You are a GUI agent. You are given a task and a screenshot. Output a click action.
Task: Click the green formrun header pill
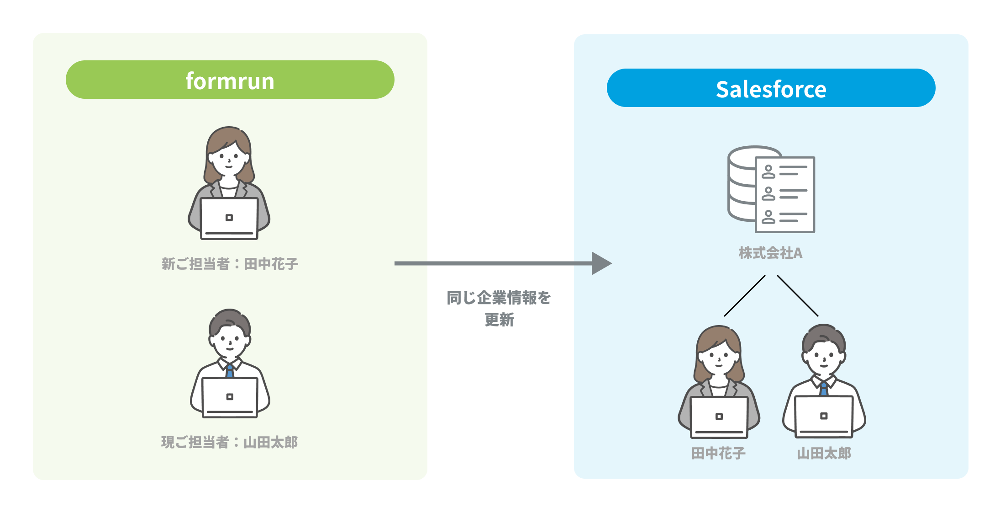(230, 80)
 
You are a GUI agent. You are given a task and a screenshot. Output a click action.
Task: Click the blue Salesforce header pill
(771, 88)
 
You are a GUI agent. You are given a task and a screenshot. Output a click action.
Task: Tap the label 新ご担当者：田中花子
(230, 264)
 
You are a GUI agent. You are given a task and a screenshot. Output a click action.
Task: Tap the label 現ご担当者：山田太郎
(230, 442)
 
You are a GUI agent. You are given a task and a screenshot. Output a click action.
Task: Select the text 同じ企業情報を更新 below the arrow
(499, 308)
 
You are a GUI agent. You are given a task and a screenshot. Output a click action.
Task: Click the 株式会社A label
(770, 253)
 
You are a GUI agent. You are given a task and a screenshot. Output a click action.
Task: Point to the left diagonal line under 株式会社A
(745, 296)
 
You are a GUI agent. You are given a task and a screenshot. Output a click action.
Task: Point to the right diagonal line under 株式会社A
(798, 296)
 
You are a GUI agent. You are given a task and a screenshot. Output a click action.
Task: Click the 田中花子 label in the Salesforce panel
(718, 453)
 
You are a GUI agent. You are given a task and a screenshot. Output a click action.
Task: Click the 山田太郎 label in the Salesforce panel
(824, 453)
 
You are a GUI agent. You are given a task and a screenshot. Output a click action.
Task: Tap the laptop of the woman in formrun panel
(229, 219)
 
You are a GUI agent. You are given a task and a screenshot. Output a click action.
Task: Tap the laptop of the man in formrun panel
(230, 397)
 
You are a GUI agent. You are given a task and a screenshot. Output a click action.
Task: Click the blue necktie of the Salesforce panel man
(824, 389)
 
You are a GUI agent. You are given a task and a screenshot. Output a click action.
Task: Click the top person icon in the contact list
(768, 172)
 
